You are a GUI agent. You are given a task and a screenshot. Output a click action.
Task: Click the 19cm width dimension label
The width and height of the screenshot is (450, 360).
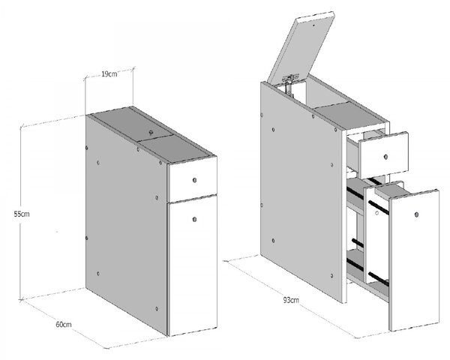pos(109,73)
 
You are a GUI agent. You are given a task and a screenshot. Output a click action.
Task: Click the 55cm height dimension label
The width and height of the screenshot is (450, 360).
pos(22,214)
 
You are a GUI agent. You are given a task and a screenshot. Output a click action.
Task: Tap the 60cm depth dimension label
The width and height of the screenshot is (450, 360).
pos(64,325)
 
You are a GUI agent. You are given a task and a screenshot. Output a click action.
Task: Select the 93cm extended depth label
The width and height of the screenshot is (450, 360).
pos(291,300)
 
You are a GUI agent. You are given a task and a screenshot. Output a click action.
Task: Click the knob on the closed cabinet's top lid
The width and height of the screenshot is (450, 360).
pos(151,132)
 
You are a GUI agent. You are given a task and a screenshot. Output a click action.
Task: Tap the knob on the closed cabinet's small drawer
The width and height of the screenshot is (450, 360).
pos(194,180)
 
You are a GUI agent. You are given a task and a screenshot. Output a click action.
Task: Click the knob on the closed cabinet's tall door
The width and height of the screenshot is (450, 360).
pos(194,220)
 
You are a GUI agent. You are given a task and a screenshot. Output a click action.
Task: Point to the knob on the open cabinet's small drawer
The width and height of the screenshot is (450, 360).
pos(385,157)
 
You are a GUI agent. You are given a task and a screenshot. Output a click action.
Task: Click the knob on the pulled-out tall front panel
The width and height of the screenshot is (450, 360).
pos(416,214)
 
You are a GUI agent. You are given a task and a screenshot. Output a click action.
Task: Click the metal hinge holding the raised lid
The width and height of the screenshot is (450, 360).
pos(290,83)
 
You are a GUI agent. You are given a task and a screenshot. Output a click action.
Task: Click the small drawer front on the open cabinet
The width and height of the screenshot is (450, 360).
pos(385,154)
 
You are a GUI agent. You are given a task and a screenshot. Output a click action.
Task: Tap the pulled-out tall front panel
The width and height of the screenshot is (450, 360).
pos(415,259)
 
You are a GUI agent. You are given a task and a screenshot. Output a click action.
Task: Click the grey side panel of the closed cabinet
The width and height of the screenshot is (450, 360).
pos(126,224)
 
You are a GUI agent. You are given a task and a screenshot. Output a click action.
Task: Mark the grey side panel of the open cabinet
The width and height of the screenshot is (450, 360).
pos(303,191)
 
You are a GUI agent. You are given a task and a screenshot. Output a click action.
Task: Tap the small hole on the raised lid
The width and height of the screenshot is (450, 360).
pos(313,25)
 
